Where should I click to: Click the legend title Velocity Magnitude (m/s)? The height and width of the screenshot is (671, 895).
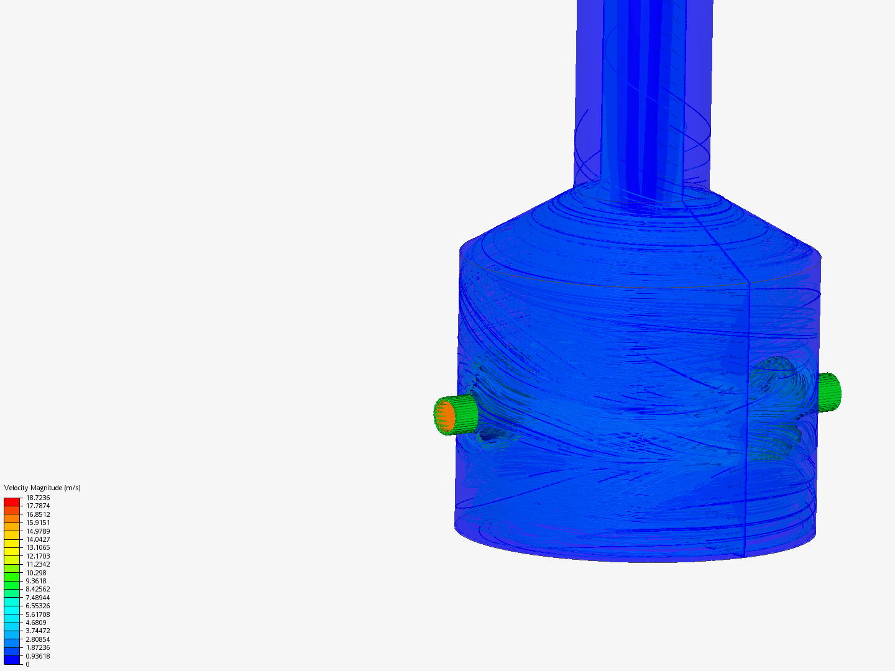pyautogui.click(x=42, y=488)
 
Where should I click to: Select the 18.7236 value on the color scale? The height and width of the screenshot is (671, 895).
pyautogui.click(x=38, y=498)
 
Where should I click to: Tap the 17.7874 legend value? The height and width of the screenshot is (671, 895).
pyautogui.click(x=38, y=506)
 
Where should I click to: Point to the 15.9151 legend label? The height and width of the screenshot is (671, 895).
pyautogui.click(x=38, y=523)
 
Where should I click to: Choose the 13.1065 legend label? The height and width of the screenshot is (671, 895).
pyautogui.click(x=38, y=547)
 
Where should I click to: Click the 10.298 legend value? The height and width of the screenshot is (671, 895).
pyautogui.click(x=36, y=573)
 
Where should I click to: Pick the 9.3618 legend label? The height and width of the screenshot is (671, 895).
pyautogui.click(x=36, y=581)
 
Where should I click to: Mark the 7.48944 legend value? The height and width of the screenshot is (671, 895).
pyautogui.click(x=38, y=598)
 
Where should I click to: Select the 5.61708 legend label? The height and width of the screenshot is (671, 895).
pyautogui.click(x=38, y=614)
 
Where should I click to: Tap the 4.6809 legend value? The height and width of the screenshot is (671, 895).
pyautogui.click(x=36, y=623)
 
